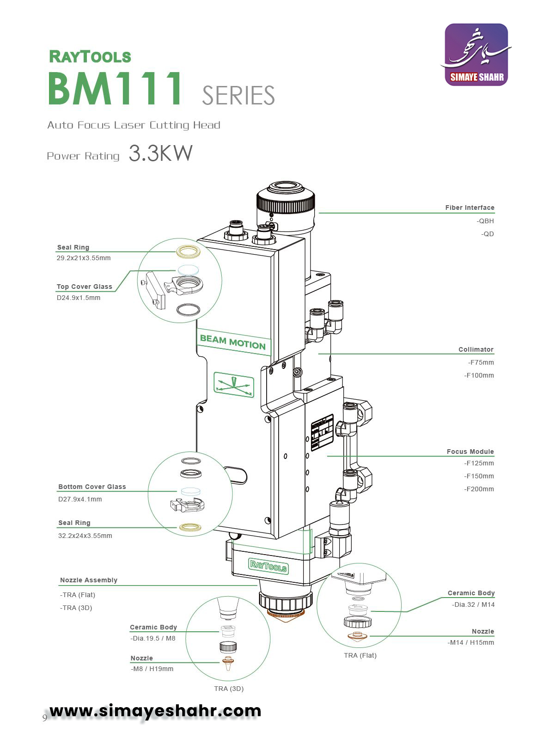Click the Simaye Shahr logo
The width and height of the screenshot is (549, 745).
click(x=476, y=55)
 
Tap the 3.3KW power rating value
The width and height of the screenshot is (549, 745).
click(x=160, y=153)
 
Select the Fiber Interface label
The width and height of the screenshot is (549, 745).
click(x=470, y=208)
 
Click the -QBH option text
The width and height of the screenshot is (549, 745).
click(x=485, y=221)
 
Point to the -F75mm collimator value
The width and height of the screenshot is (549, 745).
click(x=481, y=362)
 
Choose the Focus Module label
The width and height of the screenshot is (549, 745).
click(x=470, y=452)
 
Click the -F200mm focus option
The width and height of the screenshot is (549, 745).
click(x=479, y=489)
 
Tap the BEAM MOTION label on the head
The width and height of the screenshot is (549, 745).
click(x=233, y=342)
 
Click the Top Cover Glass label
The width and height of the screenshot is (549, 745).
click(x=84, y=287)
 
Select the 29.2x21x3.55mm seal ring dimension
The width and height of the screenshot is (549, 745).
click(x=84, y=258)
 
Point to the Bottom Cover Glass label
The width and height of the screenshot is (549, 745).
click(x=92, y=487)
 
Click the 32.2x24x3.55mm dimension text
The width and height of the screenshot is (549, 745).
click(x=85, y=536)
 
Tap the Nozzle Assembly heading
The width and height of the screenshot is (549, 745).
click(x=89, y=580)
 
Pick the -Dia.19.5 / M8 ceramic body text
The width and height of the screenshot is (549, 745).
click(x=153, y=638)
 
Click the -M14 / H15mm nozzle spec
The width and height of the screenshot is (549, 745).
click(x=470, y=642)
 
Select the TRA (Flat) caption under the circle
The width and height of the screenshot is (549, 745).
click(x=360, y=655)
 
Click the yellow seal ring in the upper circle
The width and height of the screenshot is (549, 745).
click(x=189, y=251)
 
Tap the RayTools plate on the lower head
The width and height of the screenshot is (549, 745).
click(x=268, y=566)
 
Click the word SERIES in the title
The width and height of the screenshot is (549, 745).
click(x=238, y=96)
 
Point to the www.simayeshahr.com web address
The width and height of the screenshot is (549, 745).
click(x=155, y=710)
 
